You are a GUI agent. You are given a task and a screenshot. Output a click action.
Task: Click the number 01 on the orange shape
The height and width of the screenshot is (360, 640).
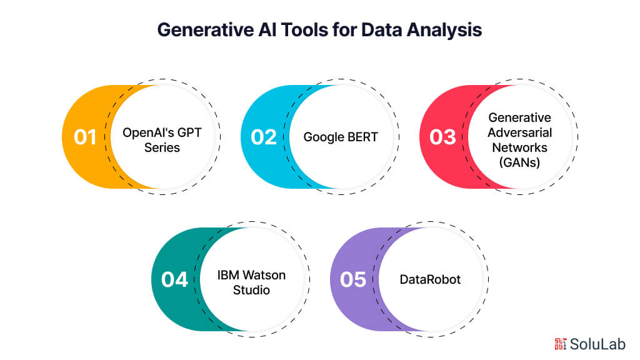pyautogui.click(x=85, y=137)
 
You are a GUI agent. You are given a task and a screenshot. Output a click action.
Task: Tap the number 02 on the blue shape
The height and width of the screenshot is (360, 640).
pyautogui.click(x=263, y=137)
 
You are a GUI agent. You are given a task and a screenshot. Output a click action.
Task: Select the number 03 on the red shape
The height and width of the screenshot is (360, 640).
pyautogui.click(x=442, y=137)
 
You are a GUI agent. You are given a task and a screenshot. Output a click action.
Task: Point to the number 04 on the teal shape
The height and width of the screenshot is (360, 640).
pyautogui.click(x=174, y=279)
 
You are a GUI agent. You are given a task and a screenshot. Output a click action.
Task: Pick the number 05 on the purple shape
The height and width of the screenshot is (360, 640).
pyautogui.click(x=353, y=279)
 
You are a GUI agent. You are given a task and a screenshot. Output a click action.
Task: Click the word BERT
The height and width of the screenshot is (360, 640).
pyautogui.click(x=362, y=137)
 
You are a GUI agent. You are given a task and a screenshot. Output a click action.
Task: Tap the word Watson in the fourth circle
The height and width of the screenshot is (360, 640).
pyautogui.click(x=271, y=275)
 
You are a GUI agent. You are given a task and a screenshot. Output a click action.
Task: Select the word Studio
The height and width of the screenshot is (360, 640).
pyautogui.click(x=252, y=291)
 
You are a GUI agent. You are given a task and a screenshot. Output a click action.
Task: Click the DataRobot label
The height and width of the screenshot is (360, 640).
pyautogui.click(x=430, y=279)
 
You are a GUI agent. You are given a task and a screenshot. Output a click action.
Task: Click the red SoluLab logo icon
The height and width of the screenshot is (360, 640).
pyautogui.click(x=561, y=343)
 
